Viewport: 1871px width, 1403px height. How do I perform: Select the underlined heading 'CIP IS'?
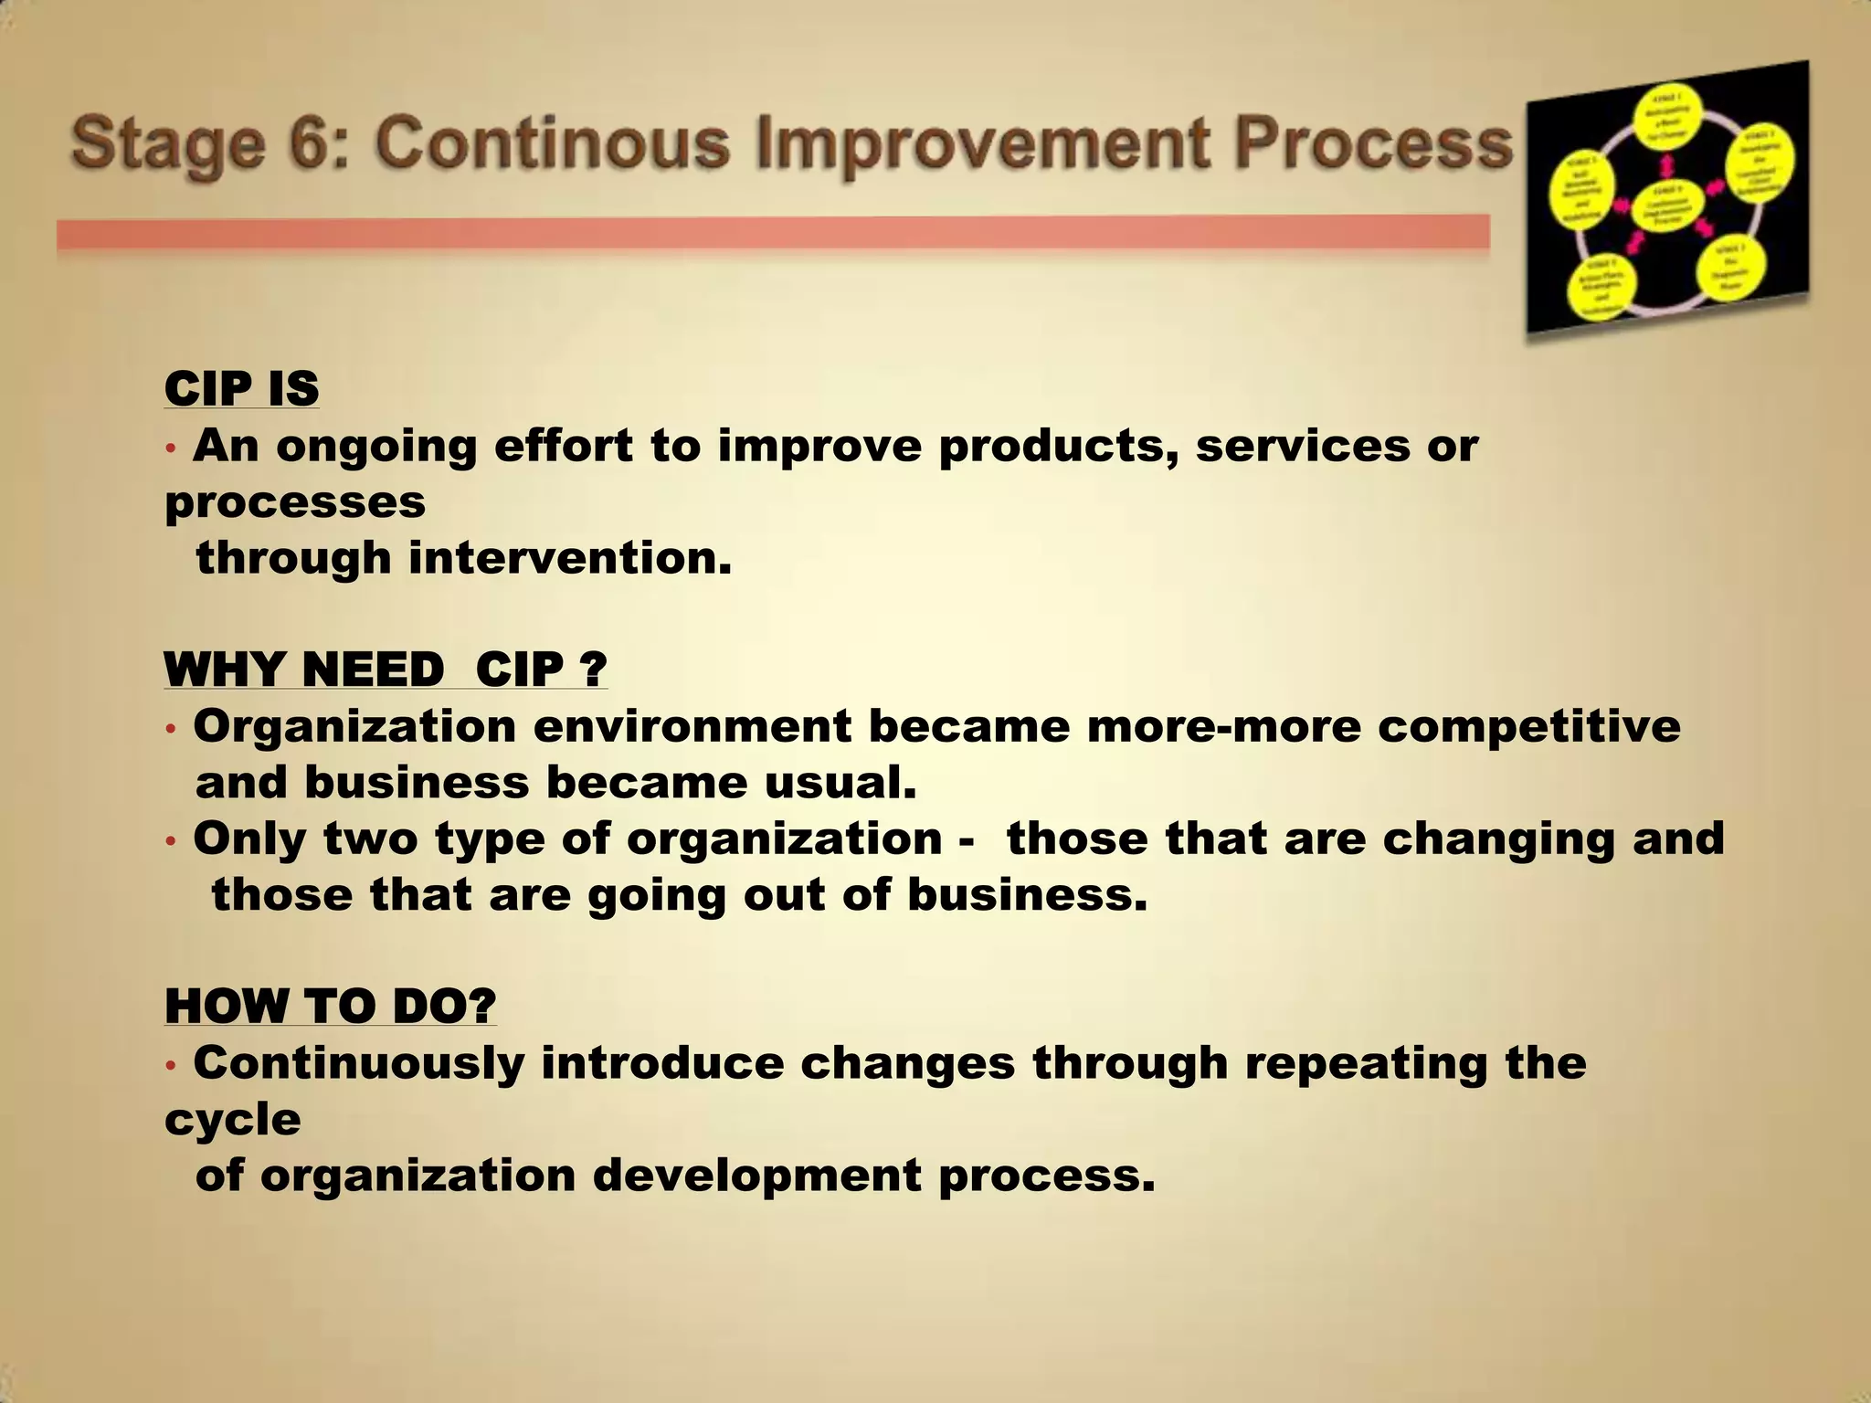click(242, 390)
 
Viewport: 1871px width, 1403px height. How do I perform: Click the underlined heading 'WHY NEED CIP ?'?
click(386, 670)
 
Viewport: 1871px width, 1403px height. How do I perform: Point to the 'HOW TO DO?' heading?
click(331, 1007)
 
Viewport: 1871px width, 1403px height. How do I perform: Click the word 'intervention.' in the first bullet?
click(570, 558)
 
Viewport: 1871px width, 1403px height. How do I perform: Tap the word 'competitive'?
click(1529, 727)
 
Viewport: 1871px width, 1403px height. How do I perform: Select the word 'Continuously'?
click(359, 1063)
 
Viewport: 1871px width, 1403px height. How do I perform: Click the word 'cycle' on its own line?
click(233, 1120)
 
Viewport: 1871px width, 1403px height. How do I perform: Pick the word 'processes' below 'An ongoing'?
click(295, 502)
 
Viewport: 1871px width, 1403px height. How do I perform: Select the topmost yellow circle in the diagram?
click(1668, 117)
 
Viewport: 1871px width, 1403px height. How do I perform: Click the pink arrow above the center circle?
click(1667, 164)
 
